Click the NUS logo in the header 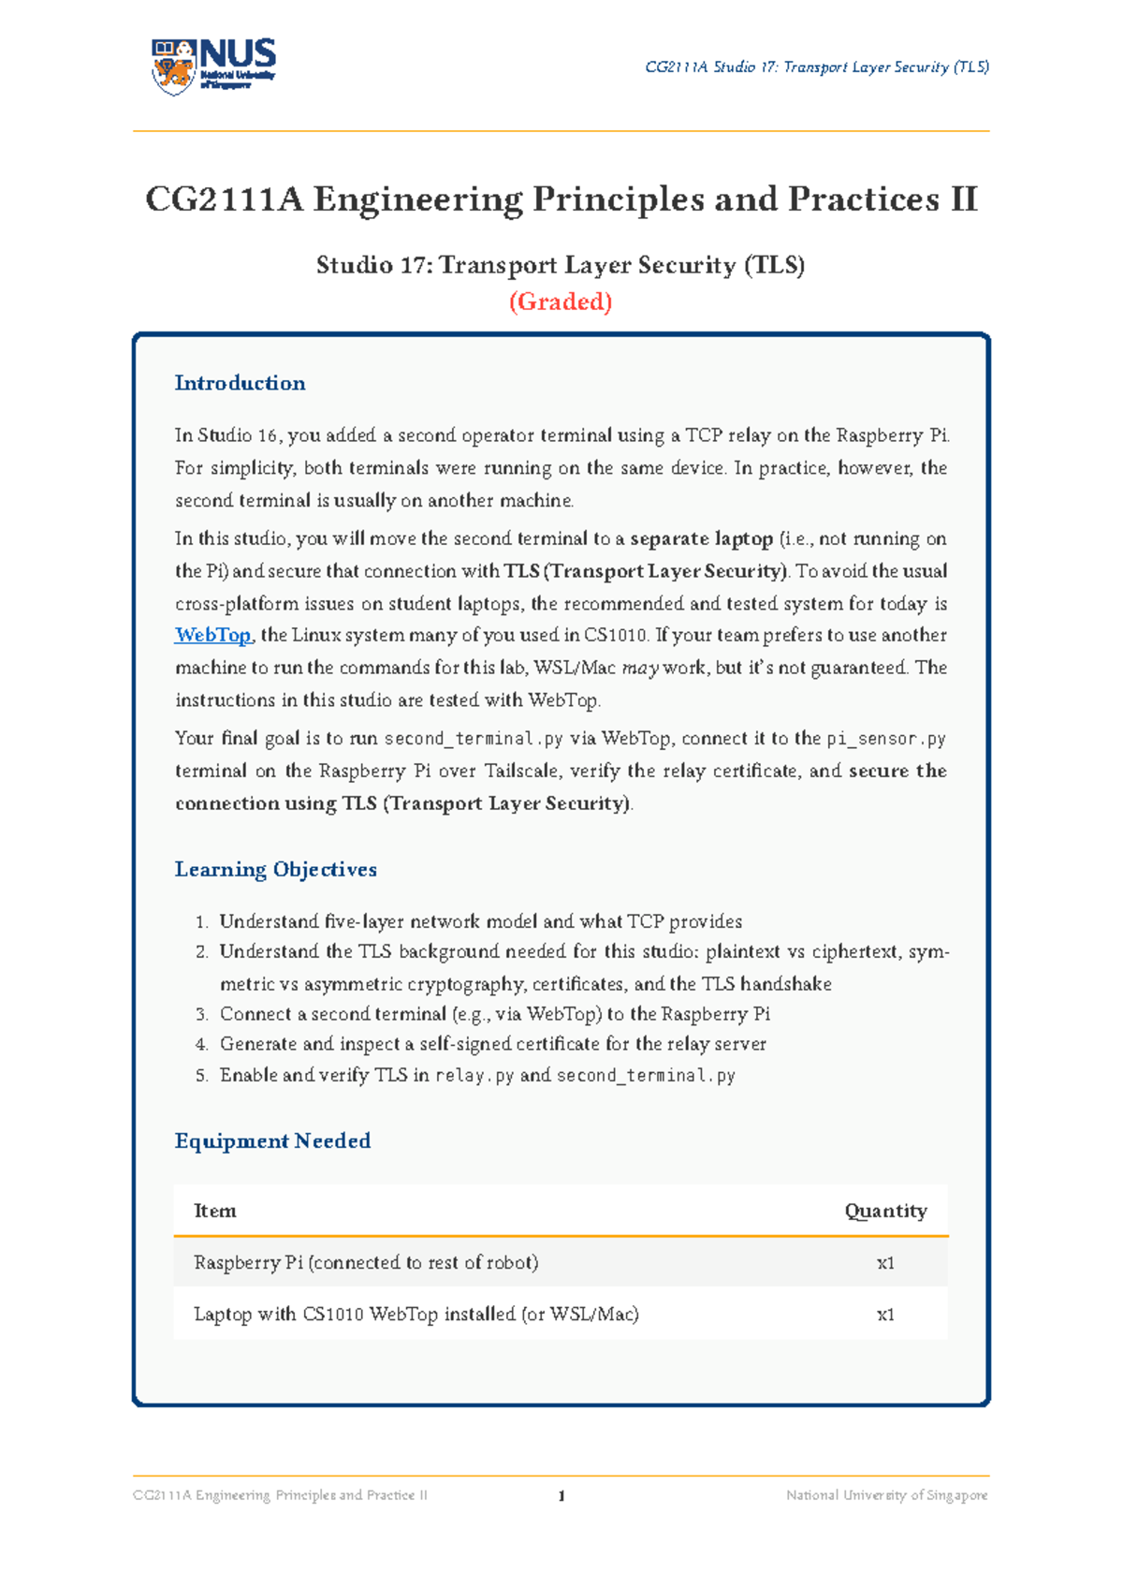[213, 66]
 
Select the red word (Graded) [561, 301]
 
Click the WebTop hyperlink [213, 636]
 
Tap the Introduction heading [240, 383]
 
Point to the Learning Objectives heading [275, 870]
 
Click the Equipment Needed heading [272, 1141]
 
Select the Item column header [214, 1211]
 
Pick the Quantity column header [885, 1211]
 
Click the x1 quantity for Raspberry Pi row [885, 1263]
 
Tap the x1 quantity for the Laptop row [885, 1315]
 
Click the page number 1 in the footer [561, 1496]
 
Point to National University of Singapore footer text [886, 1495]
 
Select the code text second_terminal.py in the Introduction [474, 739]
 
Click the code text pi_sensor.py [885, 739]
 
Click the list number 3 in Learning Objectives [201, 1015]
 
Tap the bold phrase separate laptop [701, 539]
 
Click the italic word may [640, 669]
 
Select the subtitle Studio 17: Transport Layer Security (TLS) [561, 266]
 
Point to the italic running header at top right [817, 67]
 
